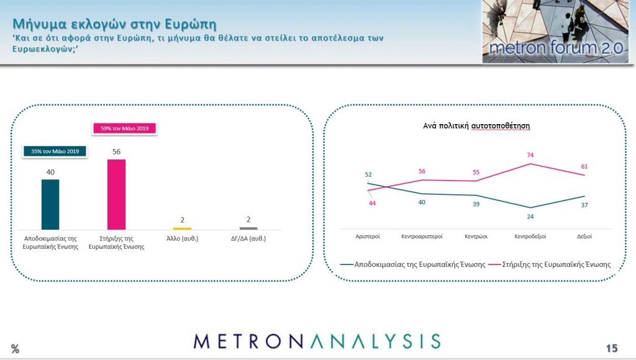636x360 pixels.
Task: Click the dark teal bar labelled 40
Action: click(x=50, y=204)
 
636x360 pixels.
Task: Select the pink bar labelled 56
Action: click(x=116, y=195)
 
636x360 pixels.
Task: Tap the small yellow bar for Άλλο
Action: click(x=183, y=228)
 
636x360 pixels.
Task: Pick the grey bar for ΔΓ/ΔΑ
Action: click(x=248, y=228)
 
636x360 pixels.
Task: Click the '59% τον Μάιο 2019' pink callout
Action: click(x=124, y=128)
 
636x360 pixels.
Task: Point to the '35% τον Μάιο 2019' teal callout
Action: click(x=55, y=151)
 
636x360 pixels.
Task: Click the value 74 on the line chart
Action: click(x=530, y=155)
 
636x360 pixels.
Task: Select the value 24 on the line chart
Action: click(x=530, y=217)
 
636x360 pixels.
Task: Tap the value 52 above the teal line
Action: click(x=368, y=175)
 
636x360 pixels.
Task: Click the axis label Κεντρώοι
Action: click(x=476, y=236)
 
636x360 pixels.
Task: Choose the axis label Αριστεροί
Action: click(x=368, y=236)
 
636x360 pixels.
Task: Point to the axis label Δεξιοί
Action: click(x=584, y=236)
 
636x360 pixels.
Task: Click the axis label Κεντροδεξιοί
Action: click(x=530, y=236)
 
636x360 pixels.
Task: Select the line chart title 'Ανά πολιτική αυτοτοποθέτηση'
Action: click(x=476, y=126)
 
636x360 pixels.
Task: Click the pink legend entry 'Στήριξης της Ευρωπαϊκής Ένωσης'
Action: click(x=550, y=264)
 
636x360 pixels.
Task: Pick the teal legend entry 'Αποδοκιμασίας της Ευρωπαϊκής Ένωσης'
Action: click(x=413, y=264)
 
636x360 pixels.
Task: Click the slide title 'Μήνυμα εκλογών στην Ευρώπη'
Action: click(x=114, y=24)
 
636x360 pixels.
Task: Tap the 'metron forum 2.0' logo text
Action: click(x=556, y=48)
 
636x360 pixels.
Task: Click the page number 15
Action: click(x=612, y=348)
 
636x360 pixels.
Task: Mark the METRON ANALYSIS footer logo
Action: click(x=317, y=341)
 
